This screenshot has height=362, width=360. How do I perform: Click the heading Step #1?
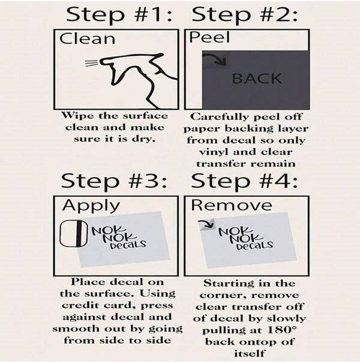[x=119, y=14]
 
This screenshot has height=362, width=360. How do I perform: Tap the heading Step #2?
[x=245, y=14]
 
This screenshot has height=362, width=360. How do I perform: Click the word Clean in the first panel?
[x=87, y=38]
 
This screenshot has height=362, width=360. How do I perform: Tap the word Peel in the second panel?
[x=209, y=37]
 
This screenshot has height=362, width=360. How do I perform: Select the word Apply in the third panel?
[x=91, y=205]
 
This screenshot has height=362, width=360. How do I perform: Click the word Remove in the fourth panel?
[x=232, y=205]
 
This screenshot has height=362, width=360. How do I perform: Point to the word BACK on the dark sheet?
[x=257, y=79]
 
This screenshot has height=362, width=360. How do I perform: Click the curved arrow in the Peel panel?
[x=216, y=58]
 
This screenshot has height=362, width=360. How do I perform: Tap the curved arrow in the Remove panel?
[x=207, y=223]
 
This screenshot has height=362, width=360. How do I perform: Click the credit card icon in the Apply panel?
[x=74, y=234]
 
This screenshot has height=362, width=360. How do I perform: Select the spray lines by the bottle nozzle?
[x=92, y=63]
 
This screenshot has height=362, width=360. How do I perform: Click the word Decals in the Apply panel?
[x=128, y=244]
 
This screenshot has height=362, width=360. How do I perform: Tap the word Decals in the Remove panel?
[x=255, y=245]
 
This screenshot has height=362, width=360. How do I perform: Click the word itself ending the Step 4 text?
[x=249, y=354]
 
